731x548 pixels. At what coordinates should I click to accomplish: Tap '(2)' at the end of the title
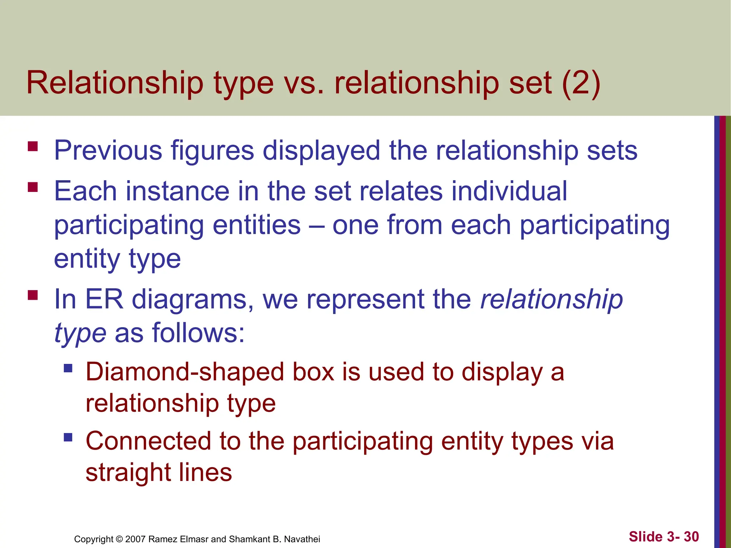[581, 83]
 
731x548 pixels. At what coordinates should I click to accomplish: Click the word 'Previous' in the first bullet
[108, 150]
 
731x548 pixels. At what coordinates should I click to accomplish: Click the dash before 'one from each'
[317, 225]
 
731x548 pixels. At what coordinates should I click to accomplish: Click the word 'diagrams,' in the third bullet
[193, 300]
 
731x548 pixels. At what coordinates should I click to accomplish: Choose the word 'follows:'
[198, 333]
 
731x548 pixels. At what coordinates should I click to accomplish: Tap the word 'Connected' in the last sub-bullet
[148, 441]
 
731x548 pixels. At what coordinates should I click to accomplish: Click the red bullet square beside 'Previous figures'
[32, 147]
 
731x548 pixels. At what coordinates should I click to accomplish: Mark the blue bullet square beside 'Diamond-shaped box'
[68, 368]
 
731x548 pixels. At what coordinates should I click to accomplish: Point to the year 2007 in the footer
[135, 539]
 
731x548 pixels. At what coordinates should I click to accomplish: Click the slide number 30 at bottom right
[691, 537]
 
